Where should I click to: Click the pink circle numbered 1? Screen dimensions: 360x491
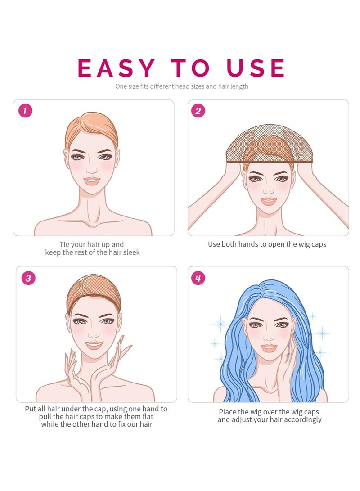[25, 111]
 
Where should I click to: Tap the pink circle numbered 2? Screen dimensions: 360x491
[198, 111]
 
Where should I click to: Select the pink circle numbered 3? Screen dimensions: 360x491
[28, 278]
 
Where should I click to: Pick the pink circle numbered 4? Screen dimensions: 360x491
[198, 278]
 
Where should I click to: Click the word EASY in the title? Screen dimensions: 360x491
[116, 68]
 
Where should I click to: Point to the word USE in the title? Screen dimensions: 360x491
[256, 68]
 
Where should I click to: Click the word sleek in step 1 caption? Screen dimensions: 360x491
[131, 252]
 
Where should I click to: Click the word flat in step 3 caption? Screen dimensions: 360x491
[148, 416]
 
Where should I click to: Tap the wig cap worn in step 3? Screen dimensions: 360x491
[94, 293]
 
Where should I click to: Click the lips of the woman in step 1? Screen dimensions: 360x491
[92, 181]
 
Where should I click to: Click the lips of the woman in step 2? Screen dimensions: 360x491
[269, 201]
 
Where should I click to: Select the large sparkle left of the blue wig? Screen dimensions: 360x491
[220, 324]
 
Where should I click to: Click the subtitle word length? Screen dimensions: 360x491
[239, 86]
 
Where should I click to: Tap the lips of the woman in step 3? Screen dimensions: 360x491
[94, 345]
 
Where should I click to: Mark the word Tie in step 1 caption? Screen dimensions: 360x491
[64, 244]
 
